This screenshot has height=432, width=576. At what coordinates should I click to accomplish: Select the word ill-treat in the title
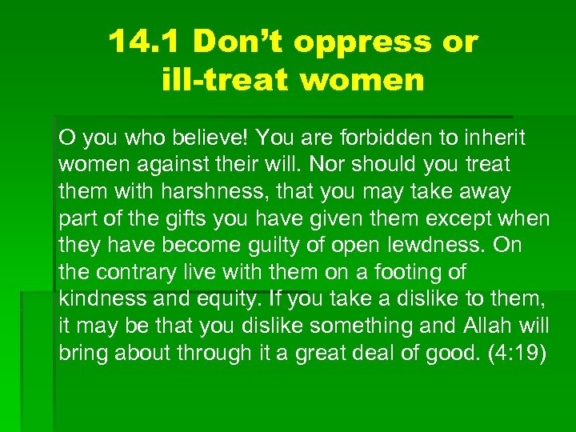[223, 80]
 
